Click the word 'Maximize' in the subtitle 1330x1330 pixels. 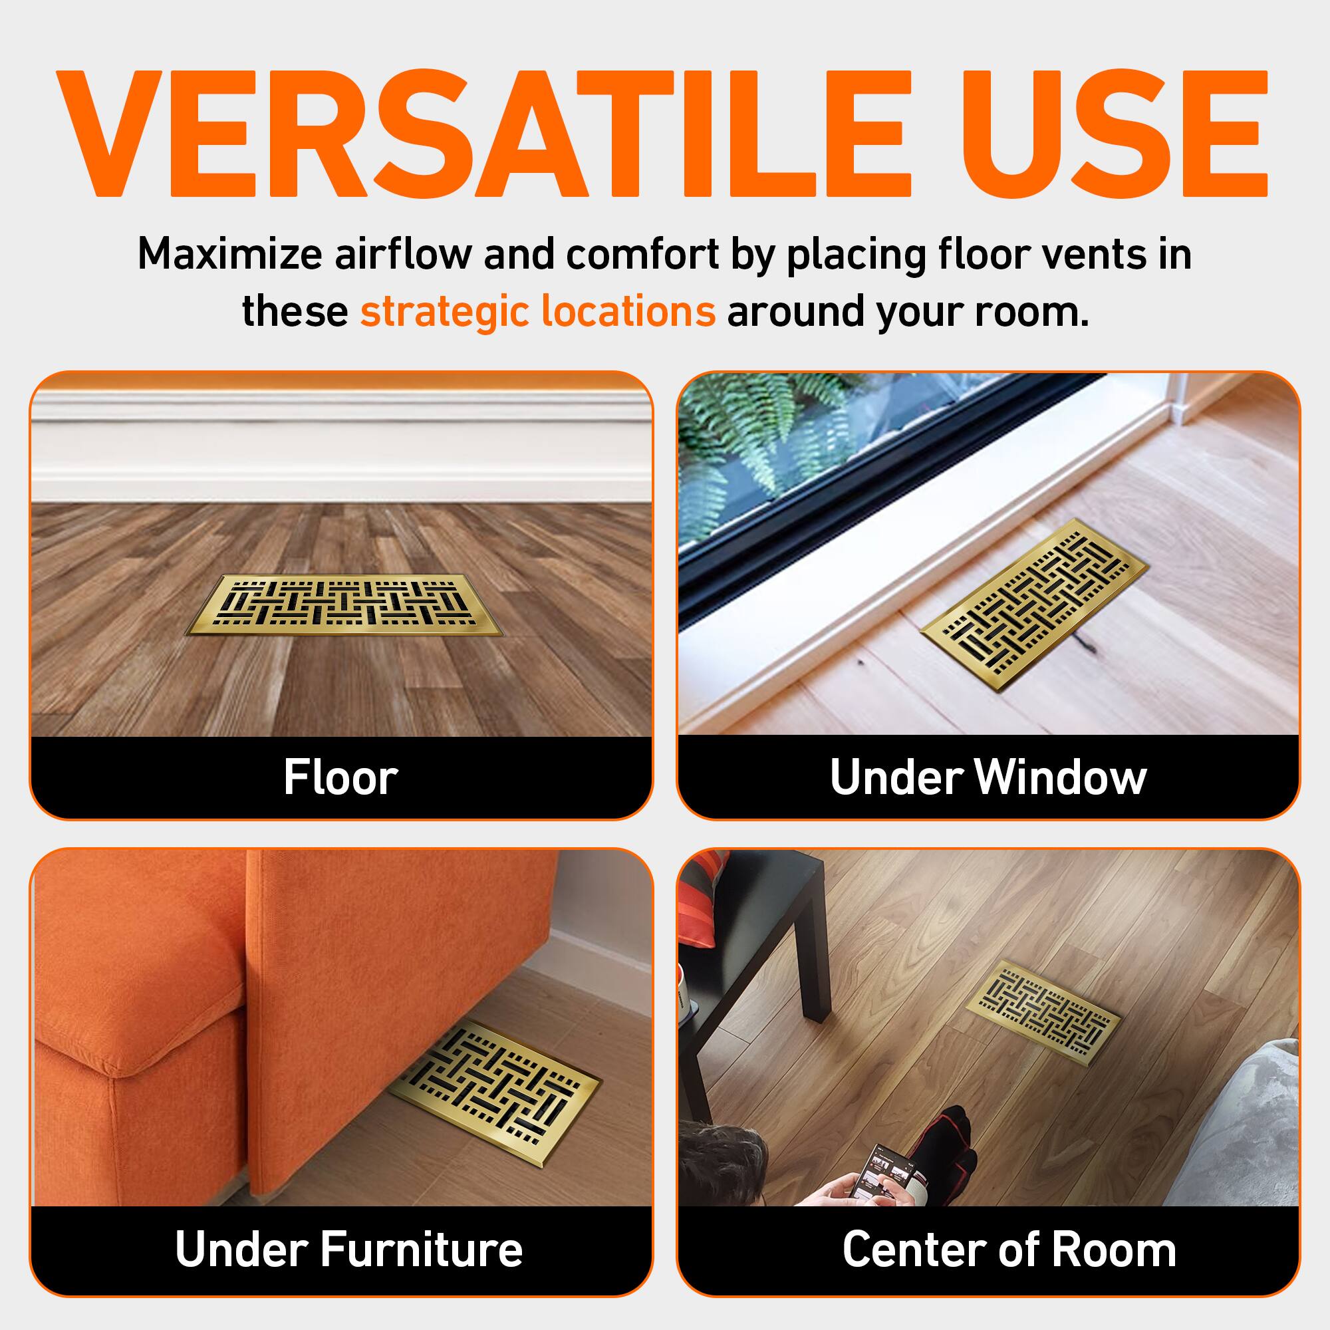(230, 254)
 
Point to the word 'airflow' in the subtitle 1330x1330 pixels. (403, 254)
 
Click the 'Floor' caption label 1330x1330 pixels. (340, 778)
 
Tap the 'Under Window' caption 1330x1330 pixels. (988, 778)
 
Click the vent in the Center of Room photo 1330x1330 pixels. (1043, 1012)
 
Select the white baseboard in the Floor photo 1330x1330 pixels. (340, 448)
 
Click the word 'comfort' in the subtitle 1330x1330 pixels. (643, 254)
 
